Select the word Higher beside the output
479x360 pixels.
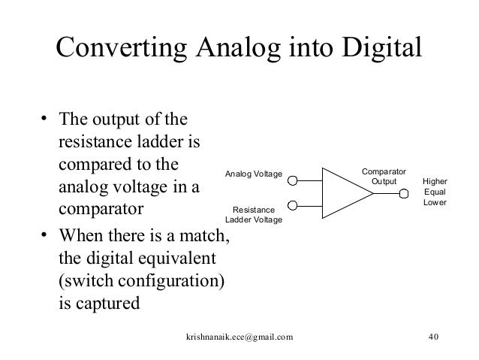coord(435,181)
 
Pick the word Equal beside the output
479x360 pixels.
coord(435,192)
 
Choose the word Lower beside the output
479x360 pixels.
coord(435,204)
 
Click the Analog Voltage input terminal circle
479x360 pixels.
coord(294,180)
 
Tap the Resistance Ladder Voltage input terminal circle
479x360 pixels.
coord(294,205)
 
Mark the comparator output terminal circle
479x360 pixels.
coord(403,193)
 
